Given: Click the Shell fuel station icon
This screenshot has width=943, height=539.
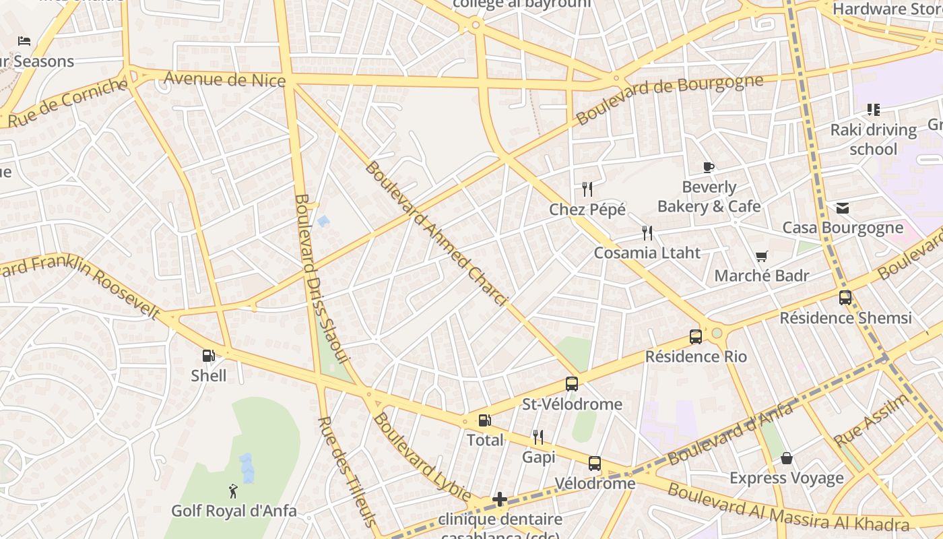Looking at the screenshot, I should [x=209, y=355].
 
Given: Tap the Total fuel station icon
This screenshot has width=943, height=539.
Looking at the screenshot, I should [x=484, y=420].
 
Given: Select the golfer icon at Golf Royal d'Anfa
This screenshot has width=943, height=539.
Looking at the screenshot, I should [x=233, y=491].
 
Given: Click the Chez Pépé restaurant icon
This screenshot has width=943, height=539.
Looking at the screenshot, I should [x=587, y=189].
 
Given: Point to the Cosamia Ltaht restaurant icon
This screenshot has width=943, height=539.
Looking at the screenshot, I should [x=647, y=233].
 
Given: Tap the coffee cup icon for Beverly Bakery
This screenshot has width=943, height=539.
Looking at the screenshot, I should [x=708, y=167].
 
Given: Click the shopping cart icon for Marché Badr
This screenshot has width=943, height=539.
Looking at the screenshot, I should [x=762, y=256].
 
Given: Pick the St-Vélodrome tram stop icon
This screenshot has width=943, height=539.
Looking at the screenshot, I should [x=572, y=384].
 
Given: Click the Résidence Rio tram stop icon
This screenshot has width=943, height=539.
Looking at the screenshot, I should [x=696, y=336].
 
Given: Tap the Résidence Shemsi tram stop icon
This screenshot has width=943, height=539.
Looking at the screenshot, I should [x=845, y=297].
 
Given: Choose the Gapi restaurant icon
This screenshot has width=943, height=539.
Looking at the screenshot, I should [x=538, y=437].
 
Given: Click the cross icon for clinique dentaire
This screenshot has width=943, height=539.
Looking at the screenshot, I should [x=500, y=499].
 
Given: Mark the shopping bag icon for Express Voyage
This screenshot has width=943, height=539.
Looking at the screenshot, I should [x=786, y=458].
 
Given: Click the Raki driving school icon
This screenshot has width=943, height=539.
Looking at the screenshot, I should [x=874, y=109].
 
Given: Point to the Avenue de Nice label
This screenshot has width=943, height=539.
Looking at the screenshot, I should [x=224, y=80].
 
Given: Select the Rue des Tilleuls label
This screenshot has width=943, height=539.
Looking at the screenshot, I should [x=346, y=472].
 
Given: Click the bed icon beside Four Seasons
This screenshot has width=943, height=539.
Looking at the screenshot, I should [x=24, y=41].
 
